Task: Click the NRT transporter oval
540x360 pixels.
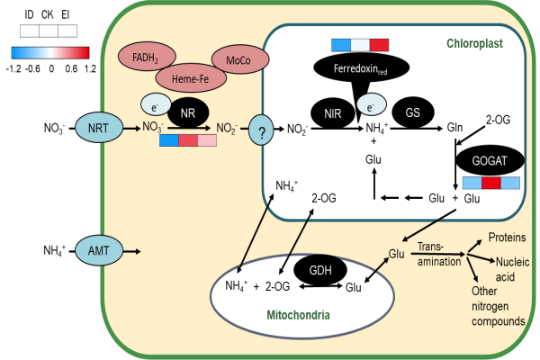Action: (x=99, y=128)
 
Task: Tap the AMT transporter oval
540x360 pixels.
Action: (x=99, y=250)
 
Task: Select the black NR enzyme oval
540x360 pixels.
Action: (x=188, y=112)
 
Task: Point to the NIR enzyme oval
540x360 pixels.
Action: (x=333, y=113)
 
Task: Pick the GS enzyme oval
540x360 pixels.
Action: (x=413, y=112)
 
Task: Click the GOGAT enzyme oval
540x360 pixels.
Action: (x=490, y=160)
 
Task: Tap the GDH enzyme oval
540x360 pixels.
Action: (x=320, y=270)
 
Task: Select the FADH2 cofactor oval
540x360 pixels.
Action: (x=147, y=56)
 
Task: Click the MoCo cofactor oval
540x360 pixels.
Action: (x=240, y=59)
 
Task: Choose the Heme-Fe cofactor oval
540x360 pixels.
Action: (x=191, y=78)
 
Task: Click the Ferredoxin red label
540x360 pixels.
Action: (x=361, y=68)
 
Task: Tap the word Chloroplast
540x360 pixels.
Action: (x=474, y=43)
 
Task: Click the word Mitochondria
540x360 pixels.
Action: (x=298, y=315)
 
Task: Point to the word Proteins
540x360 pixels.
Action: (x=508, y=237)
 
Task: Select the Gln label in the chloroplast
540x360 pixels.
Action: (x=454, y=128)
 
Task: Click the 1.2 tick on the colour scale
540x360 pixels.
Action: (x=90, y=69)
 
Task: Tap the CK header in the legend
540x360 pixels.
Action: (x=48, y=14)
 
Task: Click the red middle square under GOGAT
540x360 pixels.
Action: (x=491, y=183)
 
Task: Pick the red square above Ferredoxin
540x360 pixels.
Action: (x=379, y=45)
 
